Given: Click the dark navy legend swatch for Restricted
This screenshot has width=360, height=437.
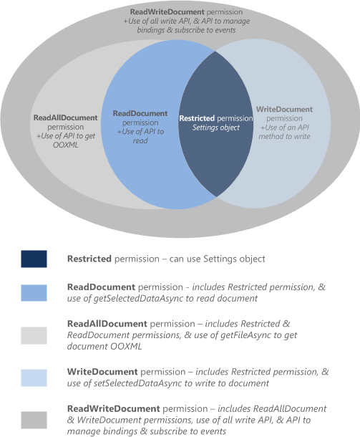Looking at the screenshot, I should click(x=34, y=259).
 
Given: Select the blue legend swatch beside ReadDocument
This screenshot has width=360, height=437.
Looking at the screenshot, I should click(x=34, y=293).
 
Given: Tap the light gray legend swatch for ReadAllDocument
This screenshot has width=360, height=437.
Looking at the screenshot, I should click(x=34, y=335).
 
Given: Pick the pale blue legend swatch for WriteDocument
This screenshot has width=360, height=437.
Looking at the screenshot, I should click(x=34, y=378).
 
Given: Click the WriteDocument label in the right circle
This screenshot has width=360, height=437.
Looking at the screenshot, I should click(x=283, y=110).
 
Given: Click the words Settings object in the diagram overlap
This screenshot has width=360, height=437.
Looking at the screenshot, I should click(x=215, y=128).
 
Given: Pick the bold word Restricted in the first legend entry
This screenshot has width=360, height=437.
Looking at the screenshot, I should click(x=89, y=259).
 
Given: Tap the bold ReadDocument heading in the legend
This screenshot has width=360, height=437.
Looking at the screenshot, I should click(x=99, y=287).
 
